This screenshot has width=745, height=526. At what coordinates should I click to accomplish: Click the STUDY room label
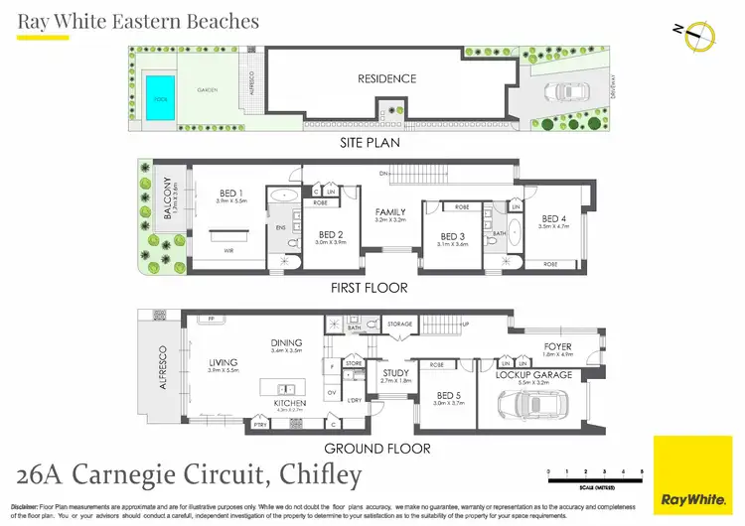(395, 374)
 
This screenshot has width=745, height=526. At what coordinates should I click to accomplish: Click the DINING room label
(286, 343)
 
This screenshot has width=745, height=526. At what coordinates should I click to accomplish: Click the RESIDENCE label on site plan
(387, 78)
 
